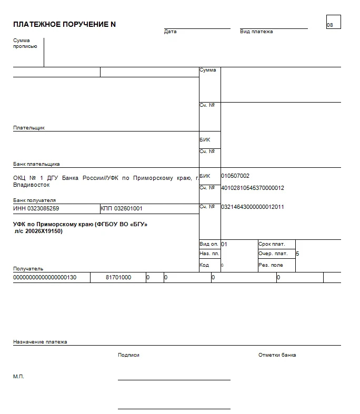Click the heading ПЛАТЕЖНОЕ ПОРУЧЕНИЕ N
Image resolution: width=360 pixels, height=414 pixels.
pyautogui.click(x=64, y=25)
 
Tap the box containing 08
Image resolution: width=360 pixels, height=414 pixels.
pyautogui.click(x=333, y=22)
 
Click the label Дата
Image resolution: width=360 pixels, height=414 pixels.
pyautogui.click(x=171, y=32)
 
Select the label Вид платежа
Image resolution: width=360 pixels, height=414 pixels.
pyautogui.click(x=256, y=32)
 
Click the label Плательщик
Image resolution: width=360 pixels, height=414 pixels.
pyautogui.click(x=29, y=128)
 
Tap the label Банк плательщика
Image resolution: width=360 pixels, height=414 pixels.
pyautogui.click(x=36, y=164)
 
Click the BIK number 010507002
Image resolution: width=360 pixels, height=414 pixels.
pyautogui.click(x=235, y=176)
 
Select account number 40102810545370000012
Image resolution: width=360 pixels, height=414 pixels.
pyautogui.click(x=253, y=188)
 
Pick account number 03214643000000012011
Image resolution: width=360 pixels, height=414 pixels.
pyautogui.click(x=253, y=207)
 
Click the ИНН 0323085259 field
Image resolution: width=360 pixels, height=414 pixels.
pyautogui.click(x=36, y=209)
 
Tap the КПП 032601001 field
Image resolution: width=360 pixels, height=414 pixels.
pyautogui.click(x=122, y=209)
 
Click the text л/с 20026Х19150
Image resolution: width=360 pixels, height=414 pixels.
pyautogui.click(x=38, y=231)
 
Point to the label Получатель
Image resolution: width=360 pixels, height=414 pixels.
pyautogui.click(x=28, y=269)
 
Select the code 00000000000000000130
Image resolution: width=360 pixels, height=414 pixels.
pyautogui.click(x=45, y=277)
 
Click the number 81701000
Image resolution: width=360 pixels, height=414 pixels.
pyautogui.click(x=118, y=277)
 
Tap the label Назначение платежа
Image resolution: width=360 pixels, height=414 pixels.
pyautogui.click(x=40, y=342)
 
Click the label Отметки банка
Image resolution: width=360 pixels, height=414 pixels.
pyautogui.click(x=277, y=355)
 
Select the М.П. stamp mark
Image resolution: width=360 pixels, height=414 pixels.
pyautogui.click(x=18, y=377)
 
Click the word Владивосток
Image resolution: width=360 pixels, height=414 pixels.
pyautogui.click(x=32, y=185)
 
